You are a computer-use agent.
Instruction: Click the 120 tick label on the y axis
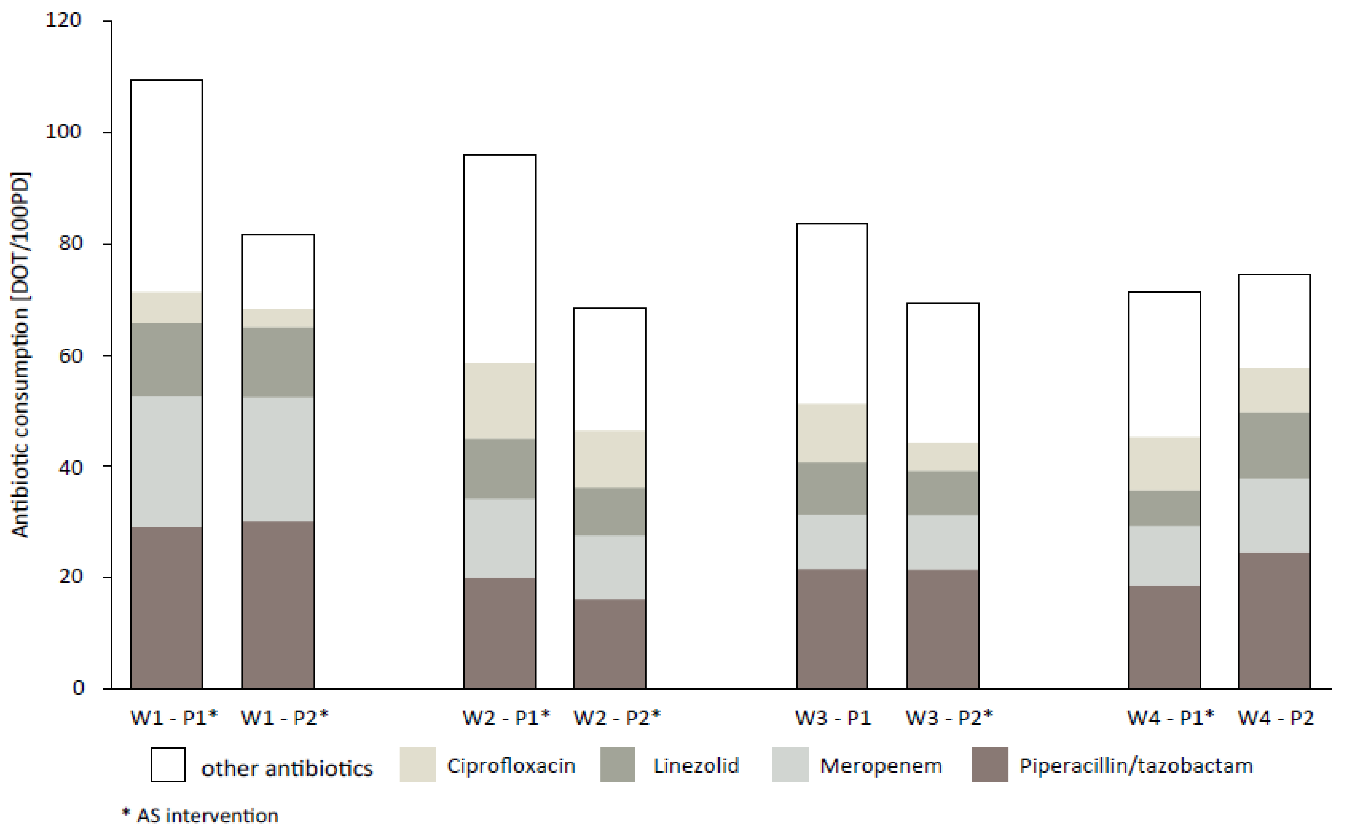63,21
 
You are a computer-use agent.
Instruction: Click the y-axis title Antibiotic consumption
21,355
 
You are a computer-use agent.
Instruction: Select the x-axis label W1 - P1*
174,718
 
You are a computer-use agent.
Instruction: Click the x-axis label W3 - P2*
949,718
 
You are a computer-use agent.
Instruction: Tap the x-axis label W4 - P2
1275,718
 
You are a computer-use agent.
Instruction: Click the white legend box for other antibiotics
168,764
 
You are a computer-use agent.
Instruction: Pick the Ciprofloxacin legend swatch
417,764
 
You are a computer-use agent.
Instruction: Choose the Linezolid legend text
696,766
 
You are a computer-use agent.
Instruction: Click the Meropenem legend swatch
790,764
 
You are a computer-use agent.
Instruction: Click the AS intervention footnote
200,816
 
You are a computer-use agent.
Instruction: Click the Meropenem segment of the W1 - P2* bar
278,459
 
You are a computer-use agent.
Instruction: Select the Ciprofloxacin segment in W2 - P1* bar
499,401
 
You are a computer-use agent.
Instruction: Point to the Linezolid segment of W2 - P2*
609,511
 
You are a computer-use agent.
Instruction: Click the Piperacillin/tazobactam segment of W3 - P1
832,629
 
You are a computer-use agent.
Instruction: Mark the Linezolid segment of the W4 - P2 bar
1274,445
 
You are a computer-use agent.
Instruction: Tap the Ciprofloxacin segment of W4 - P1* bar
1164,464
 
